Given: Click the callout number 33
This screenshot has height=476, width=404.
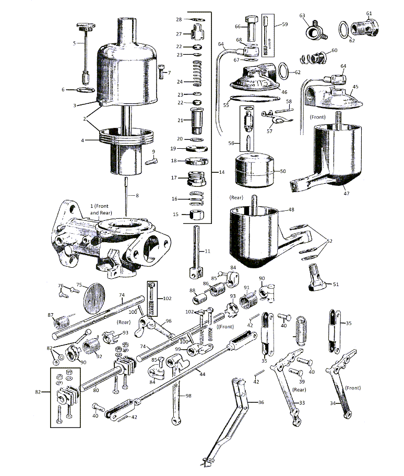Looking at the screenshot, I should point(302,402).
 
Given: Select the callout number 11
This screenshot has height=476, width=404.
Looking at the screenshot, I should point(207,252).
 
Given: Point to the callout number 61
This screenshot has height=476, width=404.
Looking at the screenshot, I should point(369,13).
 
